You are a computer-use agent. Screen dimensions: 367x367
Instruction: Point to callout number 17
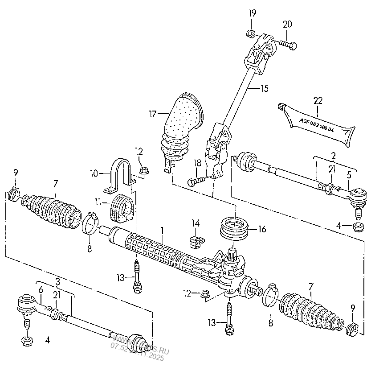click(153, 115)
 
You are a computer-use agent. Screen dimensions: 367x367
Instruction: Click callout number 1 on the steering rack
click(163, 231)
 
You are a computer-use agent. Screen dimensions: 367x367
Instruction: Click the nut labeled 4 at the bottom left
click(26, 341)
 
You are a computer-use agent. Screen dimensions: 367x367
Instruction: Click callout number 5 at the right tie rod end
click(349, 175)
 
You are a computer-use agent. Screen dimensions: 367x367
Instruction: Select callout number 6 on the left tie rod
click(41, 289)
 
